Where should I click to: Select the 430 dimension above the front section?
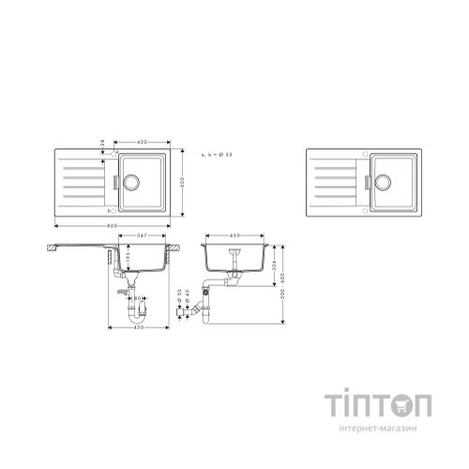click(x=235, y=234)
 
